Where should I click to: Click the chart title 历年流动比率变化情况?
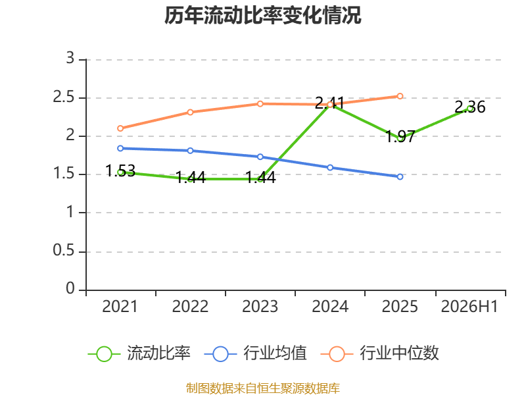(x=262, y=15)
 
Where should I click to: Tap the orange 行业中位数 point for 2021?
(x=120, y=128)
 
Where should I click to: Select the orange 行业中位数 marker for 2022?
(x=190, y=112)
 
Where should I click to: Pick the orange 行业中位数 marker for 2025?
(x=400, y=96)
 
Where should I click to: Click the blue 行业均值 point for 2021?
(x=120, y=149)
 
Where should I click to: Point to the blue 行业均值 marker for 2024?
(x=330, y=168)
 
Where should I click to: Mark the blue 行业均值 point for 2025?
(x=400, y=176)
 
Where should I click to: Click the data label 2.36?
(x=470, y=107)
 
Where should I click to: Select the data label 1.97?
(x=400, y=137)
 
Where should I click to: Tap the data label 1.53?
(x=120, y=171)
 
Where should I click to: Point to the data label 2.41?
(x=330, y=103)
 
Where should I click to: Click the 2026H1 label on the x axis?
(x=469, y=307)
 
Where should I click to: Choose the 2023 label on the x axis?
(x=260, y=307)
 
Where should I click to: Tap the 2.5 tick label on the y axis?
(x=64, y=97)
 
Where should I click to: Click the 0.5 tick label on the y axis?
(x=64, y=250)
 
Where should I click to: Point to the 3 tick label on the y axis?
(x=70, y=58)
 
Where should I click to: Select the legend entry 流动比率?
(x=139, y=354)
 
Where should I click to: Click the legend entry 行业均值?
(x=256, y=354)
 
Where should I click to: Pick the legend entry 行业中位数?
(x=380, y=354)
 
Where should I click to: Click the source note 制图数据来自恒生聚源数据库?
(x=263, y=388)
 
